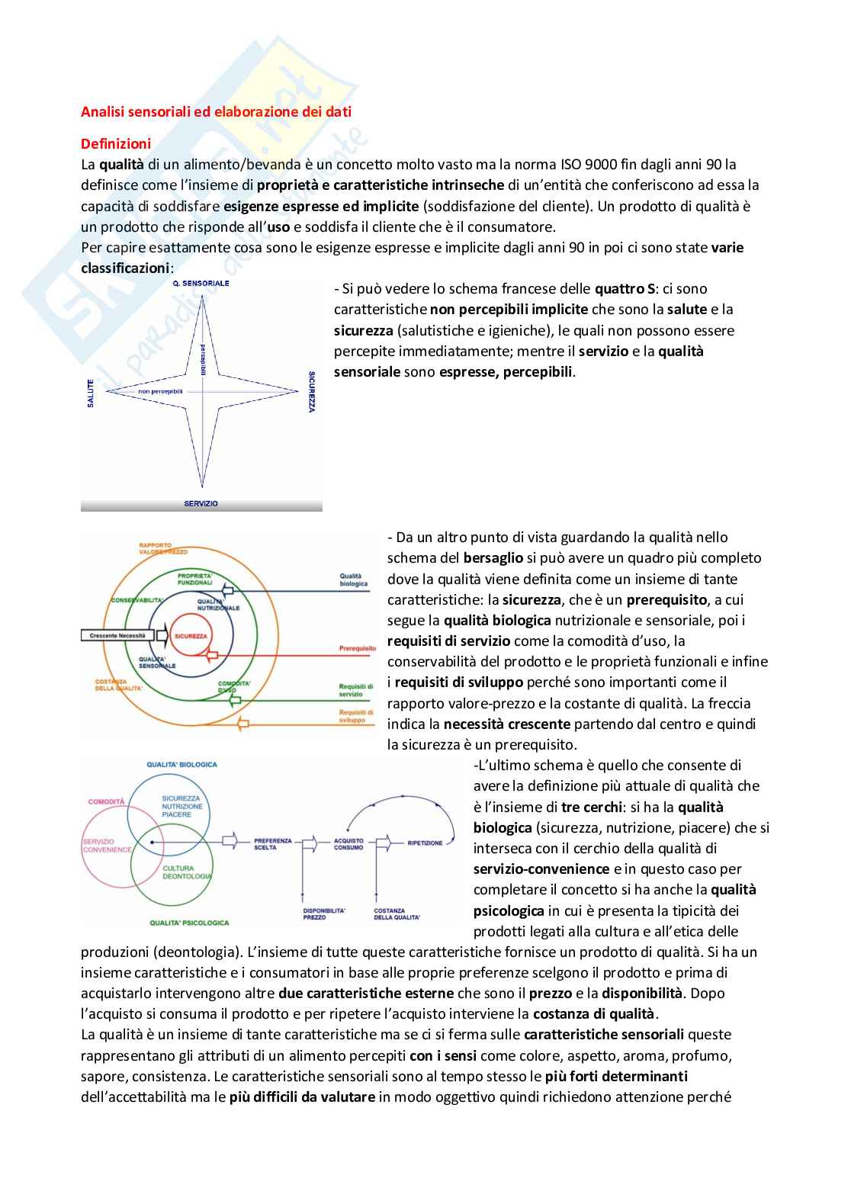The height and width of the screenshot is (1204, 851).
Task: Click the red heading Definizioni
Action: [x=116, y=143]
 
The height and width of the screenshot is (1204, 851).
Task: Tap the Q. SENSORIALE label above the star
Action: [x=201, y=284]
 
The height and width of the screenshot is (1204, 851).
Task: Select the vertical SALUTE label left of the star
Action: [x=90, y=393]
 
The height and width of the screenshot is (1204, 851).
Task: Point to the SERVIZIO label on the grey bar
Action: [x=201, y=504]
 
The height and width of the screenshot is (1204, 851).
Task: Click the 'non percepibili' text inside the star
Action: [x=160, y=391]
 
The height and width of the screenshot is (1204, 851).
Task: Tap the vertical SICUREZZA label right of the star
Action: [x=312, y=392]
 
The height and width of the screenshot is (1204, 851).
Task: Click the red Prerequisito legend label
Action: [x=358, y=649]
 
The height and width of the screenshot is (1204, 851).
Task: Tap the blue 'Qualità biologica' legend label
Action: [x=354, y=580]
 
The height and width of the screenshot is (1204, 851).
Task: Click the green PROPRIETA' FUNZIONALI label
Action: [x=194, y=579]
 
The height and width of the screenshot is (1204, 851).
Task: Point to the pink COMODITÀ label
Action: [x=106, y=801]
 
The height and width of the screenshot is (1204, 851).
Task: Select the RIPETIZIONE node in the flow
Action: [x=425, y=843]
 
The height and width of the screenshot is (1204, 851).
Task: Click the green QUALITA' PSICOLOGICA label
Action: [x=189, y=923]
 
